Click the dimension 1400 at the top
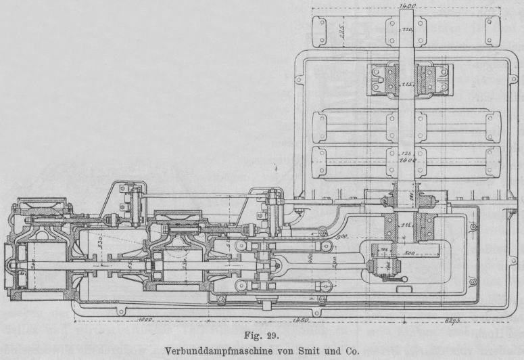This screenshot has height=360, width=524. click(407, 6)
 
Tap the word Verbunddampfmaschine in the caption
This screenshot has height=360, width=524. click(208, 350)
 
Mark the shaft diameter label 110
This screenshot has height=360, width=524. click(407, 31)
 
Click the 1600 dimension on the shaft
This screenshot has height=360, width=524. click(407, 161)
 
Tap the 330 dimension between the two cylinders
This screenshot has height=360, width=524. click(98, 240)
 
